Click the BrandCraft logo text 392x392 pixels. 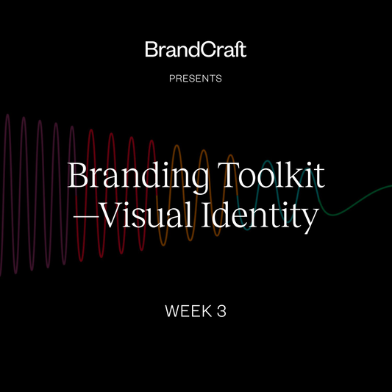coord(196,51)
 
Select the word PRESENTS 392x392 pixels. coord(196,78)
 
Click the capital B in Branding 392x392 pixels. coord(77,177)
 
